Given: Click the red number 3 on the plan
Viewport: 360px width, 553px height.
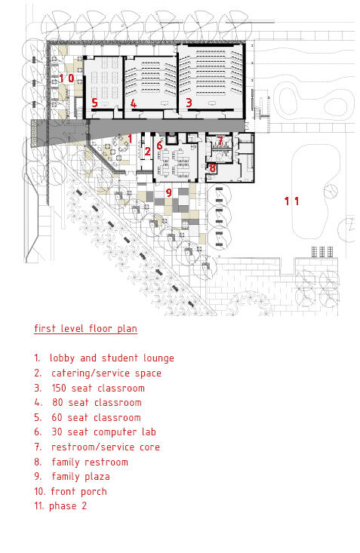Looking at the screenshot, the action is click(x=189, y=103).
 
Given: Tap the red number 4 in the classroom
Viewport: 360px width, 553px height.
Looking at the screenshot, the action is click(x=133, y=103).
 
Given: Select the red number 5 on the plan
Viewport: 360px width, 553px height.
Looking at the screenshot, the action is click(x=94, y=103).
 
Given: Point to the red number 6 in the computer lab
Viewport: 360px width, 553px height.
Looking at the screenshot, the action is click(x=159, y=145).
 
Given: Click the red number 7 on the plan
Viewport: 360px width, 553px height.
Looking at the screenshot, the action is click(x=220, y=141).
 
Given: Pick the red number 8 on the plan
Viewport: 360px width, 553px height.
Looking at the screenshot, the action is click(x=212, y=167).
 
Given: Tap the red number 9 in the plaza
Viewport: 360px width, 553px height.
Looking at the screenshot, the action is click(x=169, y=192).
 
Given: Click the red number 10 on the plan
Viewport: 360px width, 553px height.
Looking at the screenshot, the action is click(x=66, y=78).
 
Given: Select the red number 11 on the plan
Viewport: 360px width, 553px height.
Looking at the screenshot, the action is click(x=292, y=201).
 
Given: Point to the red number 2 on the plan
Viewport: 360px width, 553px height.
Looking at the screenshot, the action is click(x=147, y=152).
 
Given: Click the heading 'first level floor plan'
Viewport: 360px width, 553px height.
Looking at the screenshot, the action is click(x=86, y=329).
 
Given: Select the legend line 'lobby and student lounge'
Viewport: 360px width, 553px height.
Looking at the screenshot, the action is click(x=112, y=358).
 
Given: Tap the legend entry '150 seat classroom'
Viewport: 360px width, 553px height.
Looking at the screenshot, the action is click(x=98, y=389).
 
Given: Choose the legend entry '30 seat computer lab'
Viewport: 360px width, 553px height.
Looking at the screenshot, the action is click(x=103, y=432).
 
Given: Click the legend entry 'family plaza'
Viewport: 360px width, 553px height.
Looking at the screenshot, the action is click(x=81, y=477).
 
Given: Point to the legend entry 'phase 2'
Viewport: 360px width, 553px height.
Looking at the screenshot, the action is click(x=68, y=506).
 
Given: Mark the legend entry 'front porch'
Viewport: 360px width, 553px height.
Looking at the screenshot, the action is click(x=78, y=492).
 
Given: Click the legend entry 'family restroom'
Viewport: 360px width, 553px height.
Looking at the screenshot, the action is click(x=90, y=462).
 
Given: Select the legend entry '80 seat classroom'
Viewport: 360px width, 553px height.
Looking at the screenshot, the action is click(x=97, y=402).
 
